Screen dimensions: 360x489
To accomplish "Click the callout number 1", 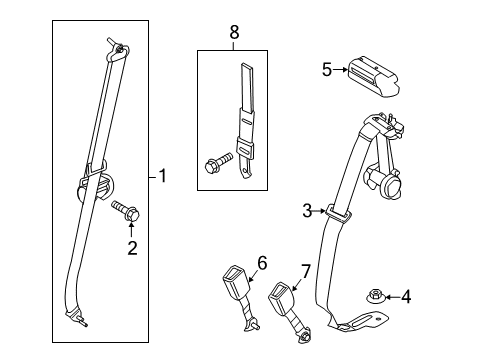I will point(164,177).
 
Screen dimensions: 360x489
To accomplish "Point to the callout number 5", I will point(326,70).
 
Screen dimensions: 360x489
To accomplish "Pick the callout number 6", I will point(263,263).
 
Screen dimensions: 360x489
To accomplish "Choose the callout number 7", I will point(306,271).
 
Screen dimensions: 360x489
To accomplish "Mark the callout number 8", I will point(235,33).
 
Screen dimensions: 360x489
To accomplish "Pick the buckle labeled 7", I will point(286,300).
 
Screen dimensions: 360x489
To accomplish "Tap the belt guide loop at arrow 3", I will point(336,213).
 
